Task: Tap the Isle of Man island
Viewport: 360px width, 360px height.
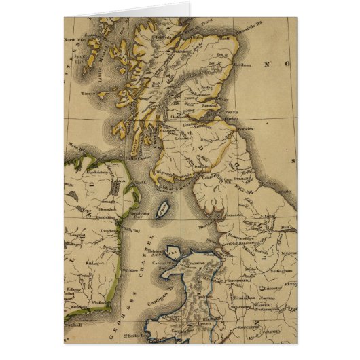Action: tap(162, 211)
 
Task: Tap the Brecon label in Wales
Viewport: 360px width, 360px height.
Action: tap(199, 323)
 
